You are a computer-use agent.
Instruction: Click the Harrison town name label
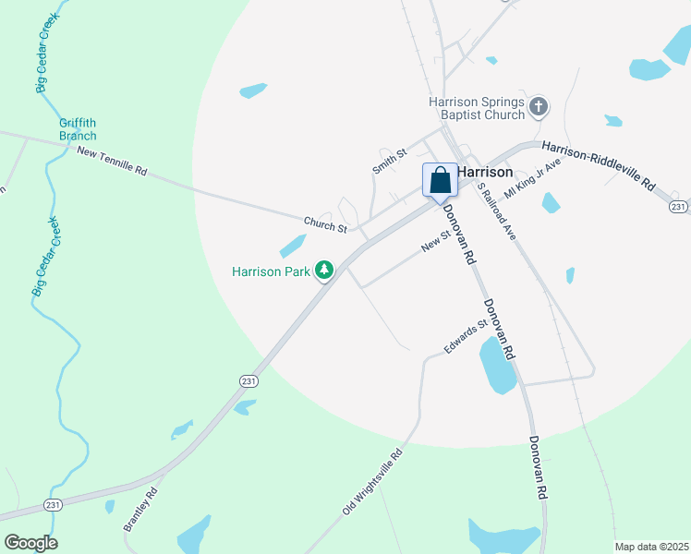[x=485, y=172]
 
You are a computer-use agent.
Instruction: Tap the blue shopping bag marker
[x=441, y=180]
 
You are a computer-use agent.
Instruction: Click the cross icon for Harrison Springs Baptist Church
[x=539, y=108]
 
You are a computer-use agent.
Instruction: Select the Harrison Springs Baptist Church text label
[x=476, y=108]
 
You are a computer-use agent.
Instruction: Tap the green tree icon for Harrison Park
[x=324, y=271]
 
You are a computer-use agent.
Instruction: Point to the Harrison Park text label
[x=271, y=271]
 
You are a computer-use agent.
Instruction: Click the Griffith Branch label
[x=78, y=129]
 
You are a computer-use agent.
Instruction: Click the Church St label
[x=325, y=223]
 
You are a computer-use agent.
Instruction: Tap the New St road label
[x=434, y=241]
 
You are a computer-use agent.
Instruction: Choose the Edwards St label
[x=465, y=338]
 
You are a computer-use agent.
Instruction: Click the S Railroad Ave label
[x=496, y=211]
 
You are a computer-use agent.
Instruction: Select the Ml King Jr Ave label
[x=533, y=178]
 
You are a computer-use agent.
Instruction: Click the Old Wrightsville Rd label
[x=373, y=481]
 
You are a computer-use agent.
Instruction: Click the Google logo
[x=30, y=543]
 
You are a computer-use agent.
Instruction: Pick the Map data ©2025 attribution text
[x=651, y=547]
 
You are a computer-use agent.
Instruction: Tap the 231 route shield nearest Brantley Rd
[x=54, y=504]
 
